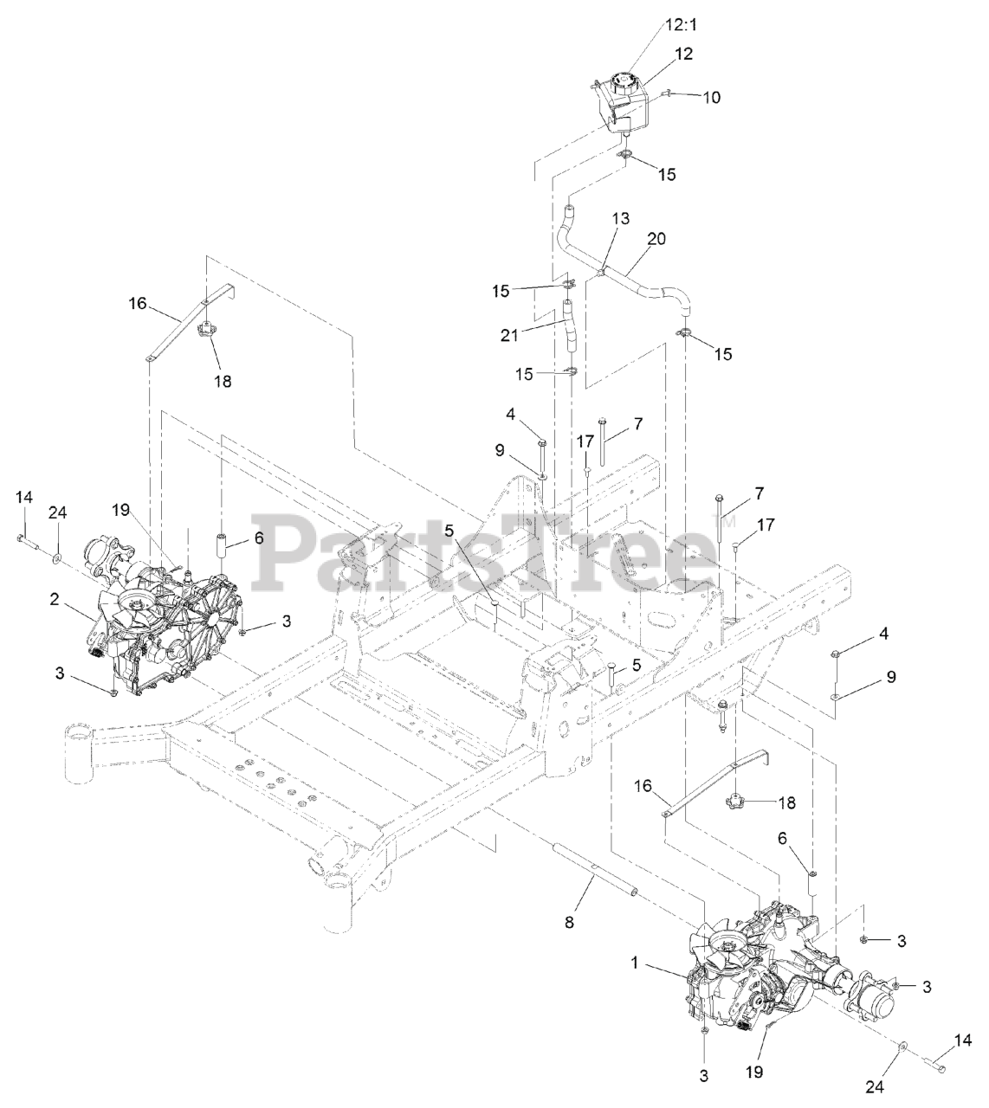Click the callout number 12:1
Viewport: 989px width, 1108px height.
pos(682,25)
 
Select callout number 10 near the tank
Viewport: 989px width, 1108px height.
pos(710,98)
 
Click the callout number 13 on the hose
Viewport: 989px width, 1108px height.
pos(621,219)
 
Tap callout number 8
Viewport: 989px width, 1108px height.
pos(569,924)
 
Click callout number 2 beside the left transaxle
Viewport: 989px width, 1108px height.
pos(55,599)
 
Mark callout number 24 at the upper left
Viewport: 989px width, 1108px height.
pos(57,512)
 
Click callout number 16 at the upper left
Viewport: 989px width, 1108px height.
pos(139,304)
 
